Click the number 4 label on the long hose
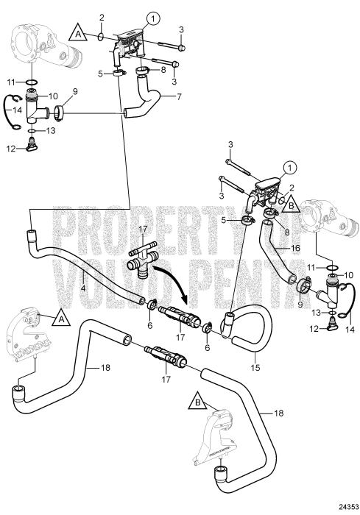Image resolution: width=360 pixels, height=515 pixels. [x=83, y=288]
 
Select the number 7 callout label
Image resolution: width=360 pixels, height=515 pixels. [x=179, y=97]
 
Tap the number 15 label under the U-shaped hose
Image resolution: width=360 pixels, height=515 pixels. [x=255, y=367]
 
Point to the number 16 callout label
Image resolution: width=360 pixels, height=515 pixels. [x=295, y=248]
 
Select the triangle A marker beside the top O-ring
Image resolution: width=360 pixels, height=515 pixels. [x=78, y=32]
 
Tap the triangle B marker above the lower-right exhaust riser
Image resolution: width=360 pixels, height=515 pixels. [x=197, y=401]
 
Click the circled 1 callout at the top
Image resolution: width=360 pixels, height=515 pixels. [x=153, y=19]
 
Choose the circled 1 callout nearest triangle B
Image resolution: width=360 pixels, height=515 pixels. [x=290, y=168]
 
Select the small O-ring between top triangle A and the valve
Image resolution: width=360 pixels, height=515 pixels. [x=102, y=37]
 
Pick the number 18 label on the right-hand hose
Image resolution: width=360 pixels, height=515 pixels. [x=278, y=413]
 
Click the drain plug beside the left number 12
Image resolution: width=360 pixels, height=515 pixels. [x=31, y=146]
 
